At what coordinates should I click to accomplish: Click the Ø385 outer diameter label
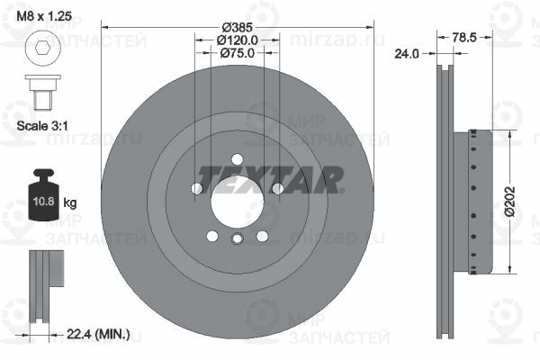pyautogui.click(x=238, y=27)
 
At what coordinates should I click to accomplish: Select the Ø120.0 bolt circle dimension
pyautogui.click(x=238, y=40)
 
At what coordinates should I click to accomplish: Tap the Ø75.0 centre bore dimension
pyautogui.click(x=238, y=53)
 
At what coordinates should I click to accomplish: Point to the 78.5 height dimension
pyautogui.click(x=464, y=37)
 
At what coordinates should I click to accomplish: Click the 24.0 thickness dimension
pyautogui.click(x=407, y=54)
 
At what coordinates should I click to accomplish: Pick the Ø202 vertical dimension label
pyautogui.click(x=510, y=202)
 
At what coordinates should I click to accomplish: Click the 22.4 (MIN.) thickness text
pyautogui.click(x=98, y=334)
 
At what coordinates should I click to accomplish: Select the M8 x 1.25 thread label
pyautogui.click(x=44, y=16)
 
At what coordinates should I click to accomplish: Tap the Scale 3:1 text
pyautogui.click(x=42, y=126)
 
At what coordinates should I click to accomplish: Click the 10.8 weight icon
pyautogui.click(x=43, y=194)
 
